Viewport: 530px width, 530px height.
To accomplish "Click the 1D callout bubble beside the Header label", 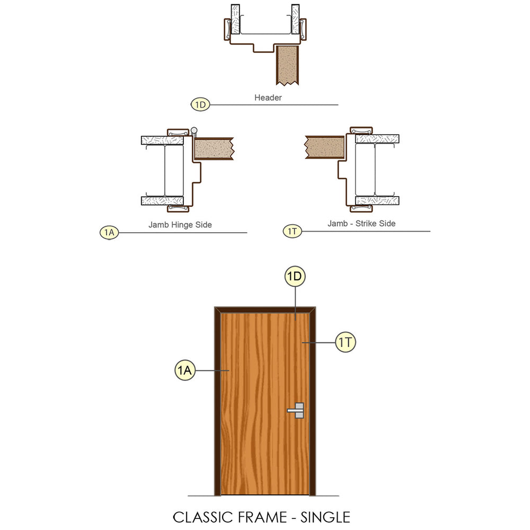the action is coord(200,104).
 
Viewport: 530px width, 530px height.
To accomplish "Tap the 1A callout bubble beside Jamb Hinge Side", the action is coord(109,233).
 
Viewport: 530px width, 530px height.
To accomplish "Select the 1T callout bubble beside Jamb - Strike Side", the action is coord(292,231).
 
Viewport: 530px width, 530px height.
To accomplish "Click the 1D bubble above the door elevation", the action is coord(295,276).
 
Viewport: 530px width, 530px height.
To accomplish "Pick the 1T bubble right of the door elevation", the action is coord(346,342).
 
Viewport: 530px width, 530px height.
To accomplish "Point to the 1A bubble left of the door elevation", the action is coord(185,370).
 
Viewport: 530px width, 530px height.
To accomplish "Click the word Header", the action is coord(268,98).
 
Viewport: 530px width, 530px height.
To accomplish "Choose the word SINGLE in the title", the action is coord(325,517).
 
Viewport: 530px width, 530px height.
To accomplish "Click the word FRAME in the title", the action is coord(262,517).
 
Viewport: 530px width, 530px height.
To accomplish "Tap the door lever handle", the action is coord(296,410).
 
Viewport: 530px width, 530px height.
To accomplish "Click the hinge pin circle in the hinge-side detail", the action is coord(193,130).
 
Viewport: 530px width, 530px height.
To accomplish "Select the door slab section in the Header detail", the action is coord(287,65).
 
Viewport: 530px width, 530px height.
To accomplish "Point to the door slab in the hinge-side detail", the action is coord(214,148).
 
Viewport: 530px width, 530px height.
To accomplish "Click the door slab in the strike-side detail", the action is coord(325,147).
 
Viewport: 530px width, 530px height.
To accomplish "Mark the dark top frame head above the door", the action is coord(265,310).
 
